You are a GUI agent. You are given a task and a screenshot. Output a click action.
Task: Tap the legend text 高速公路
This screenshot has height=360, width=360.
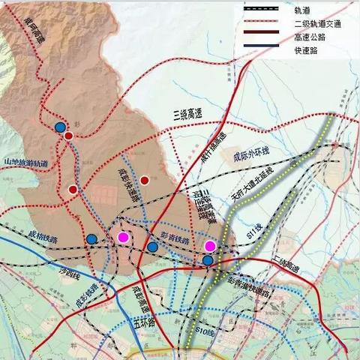point(310,40)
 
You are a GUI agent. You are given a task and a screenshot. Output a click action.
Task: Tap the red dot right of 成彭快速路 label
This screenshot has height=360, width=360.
point(145,180)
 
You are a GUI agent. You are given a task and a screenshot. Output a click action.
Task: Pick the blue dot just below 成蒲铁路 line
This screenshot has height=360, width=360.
point(91,239)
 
